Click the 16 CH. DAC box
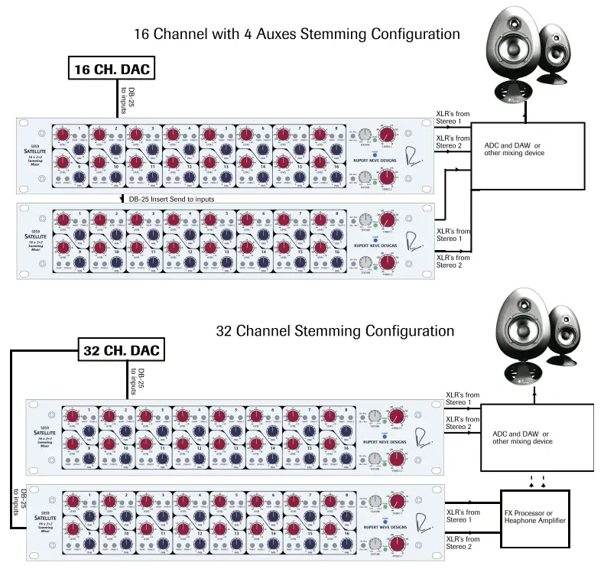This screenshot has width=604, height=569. pyautogui.click(x=109, y=70)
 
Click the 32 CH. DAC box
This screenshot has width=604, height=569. pyautogui.click(x=121, y=351)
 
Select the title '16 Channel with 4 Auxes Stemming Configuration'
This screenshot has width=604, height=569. pyautogui.click(x=297, y=34)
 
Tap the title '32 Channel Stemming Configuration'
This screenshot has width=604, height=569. pyautogui.click(x=335, y=331)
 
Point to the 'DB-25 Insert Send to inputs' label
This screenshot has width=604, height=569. pyautogui.click(x=170, y=199)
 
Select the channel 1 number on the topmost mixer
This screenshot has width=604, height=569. pyautogui.click(x=78, y=128)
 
